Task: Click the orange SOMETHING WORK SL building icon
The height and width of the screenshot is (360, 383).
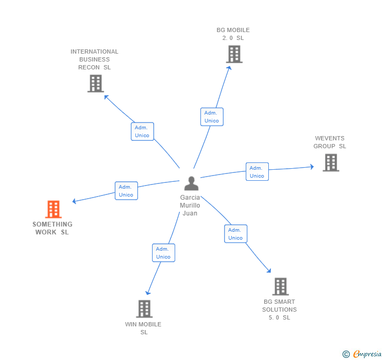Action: coord(53,209)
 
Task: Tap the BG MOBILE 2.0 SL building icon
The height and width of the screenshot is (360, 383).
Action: coord(234,54)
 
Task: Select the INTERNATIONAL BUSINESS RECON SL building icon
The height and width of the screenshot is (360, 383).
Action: coord(95,84)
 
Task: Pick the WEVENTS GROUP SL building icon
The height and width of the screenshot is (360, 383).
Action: coord(330,162)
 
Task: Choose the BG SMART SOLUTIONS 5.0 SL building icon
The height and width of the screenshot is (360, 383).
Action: coord(280,286)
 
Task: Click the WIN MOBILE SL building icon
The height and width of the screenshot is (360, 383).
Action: coord(144,309)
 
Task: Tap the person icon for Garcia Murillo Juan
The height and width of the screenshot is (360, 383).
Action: coord(191,183)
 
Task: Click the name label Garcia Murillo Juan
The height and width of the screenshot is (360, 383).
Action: coord(190,205)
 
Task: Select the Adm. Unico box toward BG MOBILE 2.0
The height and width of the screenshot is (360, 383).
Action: coord(211,117)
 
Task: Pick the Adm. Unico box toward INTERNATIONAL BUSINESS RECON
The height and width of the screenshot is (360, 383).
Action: coord(142,131)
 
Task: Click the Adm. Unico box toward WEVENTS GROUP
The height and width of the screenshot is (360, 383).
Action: coord(257,172)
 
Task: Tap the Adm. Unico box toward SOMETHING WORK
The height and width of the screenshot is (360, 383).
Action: coord(126,191)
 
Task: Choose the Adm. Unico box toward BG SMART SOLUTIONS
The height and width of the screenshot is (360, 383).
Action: coord(235,234)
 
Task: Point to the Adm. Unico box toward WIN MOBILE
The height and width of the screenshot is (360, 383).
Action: coord(163,253)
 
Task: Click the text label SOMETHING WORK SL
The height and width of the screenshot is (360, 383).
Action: coord(53,228)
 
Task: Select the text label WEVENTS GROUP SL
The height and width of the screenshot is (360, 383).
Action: coord(330,142)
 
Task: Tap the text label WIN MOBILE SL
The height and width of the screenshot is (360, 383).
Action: coord(143,328)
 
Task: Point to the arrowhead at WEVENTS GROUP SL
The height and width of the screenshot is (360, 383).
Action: coord(311,167)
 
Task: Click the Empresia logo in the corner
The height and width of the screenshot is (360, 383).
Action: coord(362,354)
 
